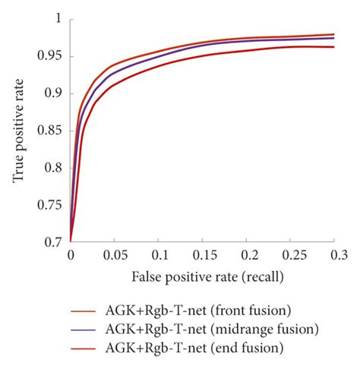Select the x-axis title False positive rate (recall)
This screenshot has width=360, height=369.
click(202, 277)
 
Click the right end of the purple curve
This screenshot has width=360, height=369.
click(333, 38)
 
